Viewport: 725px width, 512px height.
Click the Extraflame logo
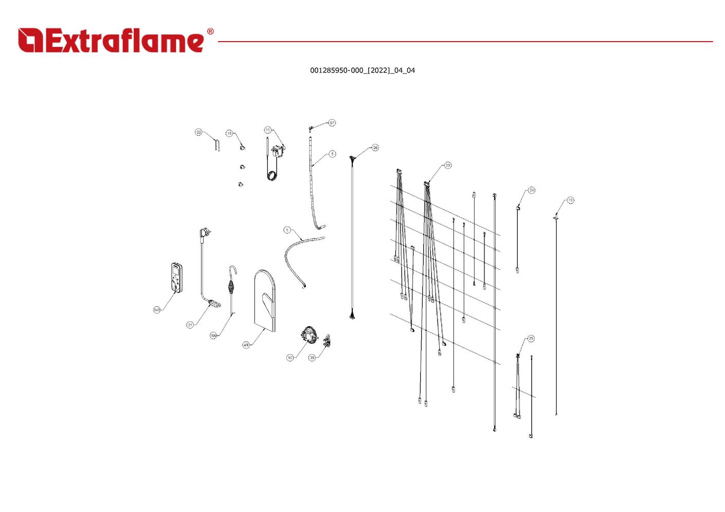[x=111, y=41]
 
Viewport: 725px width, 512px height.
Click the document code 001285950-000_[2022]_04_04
[x=362, y=70]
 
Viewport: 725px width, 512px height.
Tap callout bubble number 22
[x=199, y=133]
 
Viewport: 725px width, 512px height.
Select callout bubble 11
[x=267, y=130]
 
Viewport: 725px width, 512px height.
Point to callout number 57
[x=332, y=123]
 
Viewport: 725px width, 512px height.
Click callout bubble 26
[x=375, y=148]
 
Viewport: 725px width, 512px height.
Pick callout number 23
[x=448, y=166]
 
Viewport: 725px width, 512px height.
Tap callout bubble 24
[x=532, y=190]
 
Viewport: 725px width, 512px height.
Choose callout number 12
[x=570, y=200]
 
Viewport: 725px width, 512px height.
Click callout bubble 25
[x=531, y=339]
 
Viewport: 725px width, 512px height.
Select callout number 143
[x=157, y=310]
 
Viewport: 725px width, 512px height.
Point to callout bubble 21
[x=190, y=325]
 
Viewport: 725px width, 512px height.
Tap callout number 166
[x=213, y=336]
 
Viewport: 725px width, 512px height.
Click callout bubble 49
[x=246, y=345]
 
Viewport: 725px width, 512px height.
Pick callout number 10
[x=290, y=358]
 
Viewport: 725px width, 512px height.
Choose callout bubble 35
[x=312, y=358]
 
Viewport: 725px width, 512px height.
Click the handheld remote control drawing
[x=176, y=278]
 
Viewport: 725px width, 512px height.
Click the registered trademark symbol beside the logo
[x=210, y=32]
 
